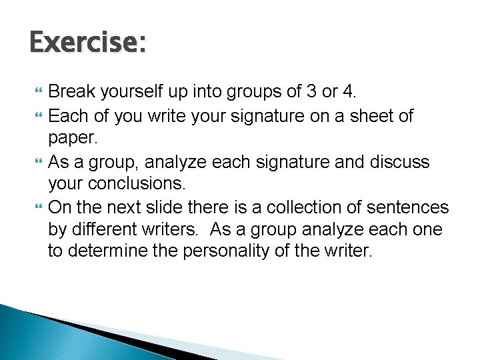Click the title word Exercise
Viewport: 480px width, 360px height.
(x=87, y=43)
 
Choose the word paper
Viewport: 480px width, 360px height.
(x=73, y=139)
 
